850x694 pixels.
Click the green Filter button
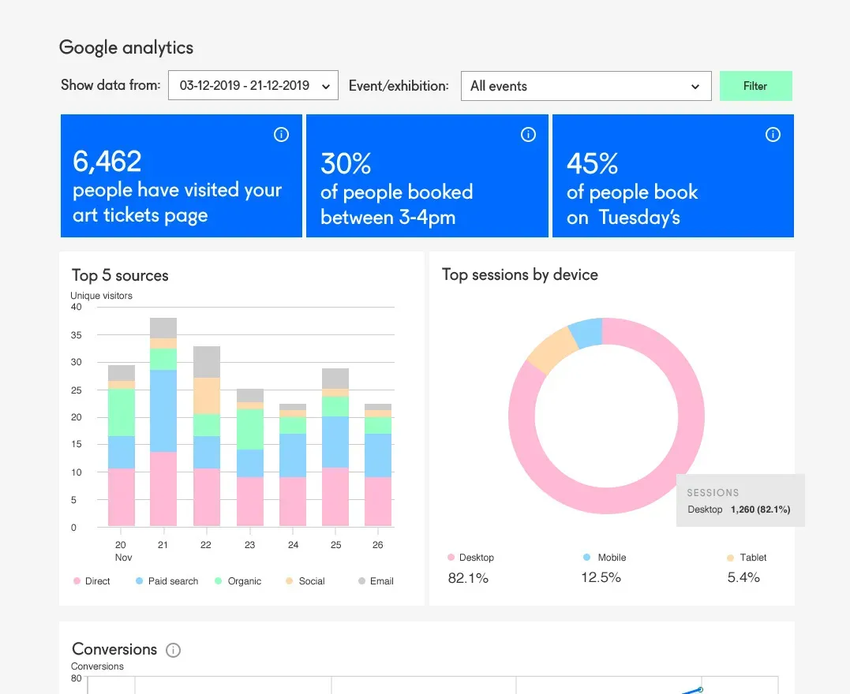point(755,86)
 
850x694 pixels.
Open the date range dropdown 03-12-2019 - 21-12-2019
point(253,86)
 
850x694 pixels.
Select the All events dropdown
point(585,86)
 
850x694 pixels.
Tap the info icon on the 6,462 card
point(281,135)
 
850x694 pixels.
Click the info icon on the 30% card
point(528,135)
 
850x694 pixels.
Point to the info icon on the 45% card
point(773,135)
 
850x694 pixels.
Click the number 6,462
point(107,162)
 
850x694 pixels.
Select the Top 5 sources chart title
point(120,275)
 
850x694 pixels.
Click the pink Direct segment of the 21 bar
point(163,489)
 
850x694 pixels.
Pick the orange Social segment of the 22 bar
point(207,396)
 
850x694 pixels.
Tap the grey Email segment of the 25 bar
point(335,379)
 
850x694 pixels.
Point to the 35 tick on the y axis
point(77,335)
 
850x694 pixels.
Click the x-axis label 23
point(249,545)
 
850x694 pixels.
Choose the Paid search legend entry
point(167,581)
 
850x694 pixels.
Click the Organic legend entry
point(238,581)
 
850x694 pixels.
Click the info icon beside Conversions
point(174,651)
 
